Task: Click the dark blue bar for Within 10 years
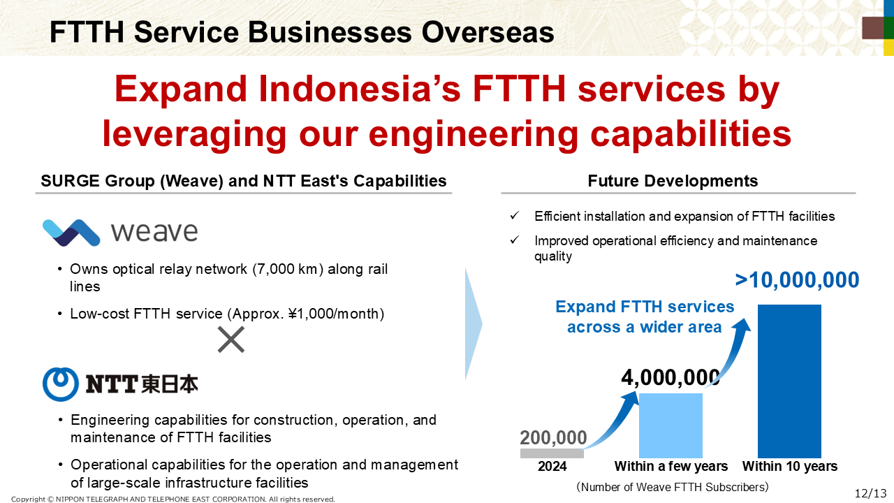(789, 381)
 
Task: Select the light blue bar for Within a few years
(670, 425)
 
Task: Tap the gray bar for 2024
(552, 453)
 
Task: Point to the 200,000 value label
(553, 437)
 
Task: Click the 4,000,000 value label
(670, 377)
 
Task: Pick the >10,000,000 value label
(797, 279)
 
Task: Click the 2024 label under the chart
(552, 466)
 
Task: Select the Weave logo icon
(71, 233)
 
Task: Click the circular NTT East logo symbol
(61, 384)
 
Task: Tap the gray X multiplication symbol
(231, 340)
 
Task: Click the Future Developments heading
(673, 181)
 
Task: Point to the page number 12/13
(870, 493)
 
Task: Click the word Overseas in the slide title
(488, 32)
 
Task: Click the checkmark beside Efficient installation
(515, 216)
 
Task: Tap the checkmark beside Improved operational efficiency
(515, 240)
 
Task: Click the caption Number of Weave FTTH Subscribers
(673, 487)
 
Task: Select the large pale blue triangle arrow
(474, 323)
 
